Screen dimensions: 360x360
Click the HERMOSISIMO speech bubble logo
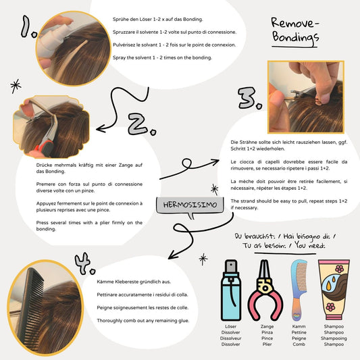[x=190, y=206]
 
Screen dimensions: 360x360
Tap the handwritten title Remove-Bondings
[x=295, y=32]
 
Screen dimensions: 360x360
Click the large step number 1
[x=28, y=27]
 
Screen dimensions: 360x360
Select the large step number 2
[x=142, y=125]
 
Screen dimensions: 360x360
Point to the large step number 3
[x=250, y=98]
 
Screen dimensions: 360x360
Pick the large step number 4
[x=84, y=263]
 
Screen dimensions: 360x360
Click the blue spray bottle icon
[x=231, y=290]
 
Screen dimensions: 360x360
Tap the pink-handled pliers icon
[x=265, y=290]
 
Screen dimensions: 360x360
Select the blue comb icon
[x=299, y=290]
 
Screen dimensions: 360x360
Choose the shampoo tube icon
[x=334, y=290]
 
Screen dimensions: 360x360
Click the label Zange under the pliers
[x=267, y=326]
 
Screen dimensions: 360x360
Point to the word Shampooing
[x=334, y=338]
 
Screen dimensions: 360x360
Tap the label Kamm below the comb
[x=299, y=326]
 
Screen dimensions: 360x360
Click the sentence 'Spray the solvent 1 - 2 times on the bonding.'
[x=162, y=57]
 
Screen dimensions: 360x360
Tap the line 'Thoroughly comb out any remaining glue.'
[x=143, y=321]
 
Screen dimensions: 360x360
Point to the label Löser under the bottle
[x=230, y=326]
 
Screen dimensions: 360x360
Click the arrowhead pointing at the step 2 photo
[x=101, y=128]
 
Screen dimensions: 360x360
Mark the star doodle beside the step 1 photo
[x=16, y=86]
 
